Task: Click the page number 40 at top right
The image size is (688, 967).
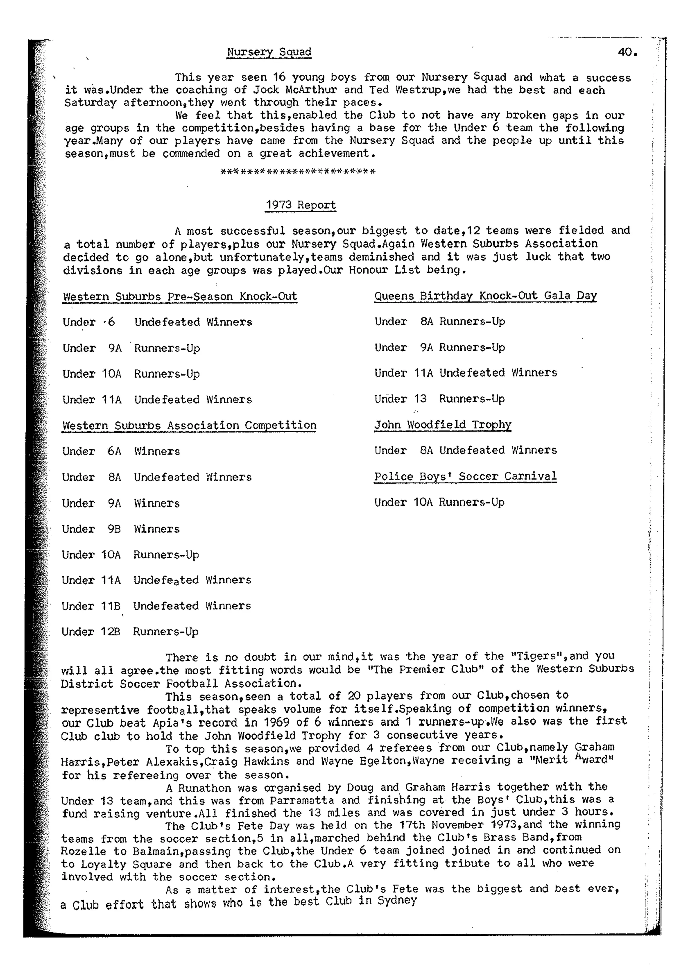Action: [x=627, y=52]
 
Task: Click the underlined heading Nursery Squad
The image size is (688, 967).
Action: [x=269, y=52]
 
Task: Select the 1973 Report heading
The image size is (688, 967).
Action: [x=300, y=205]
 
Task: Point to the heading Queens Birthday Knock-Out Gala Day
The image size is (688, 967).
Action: [x=485, y=296]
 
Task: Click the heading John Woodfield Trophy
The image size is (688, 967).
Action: [x=442, y=425]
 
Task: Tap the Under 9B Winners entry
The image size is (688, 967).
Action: [x=121, y=529]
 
